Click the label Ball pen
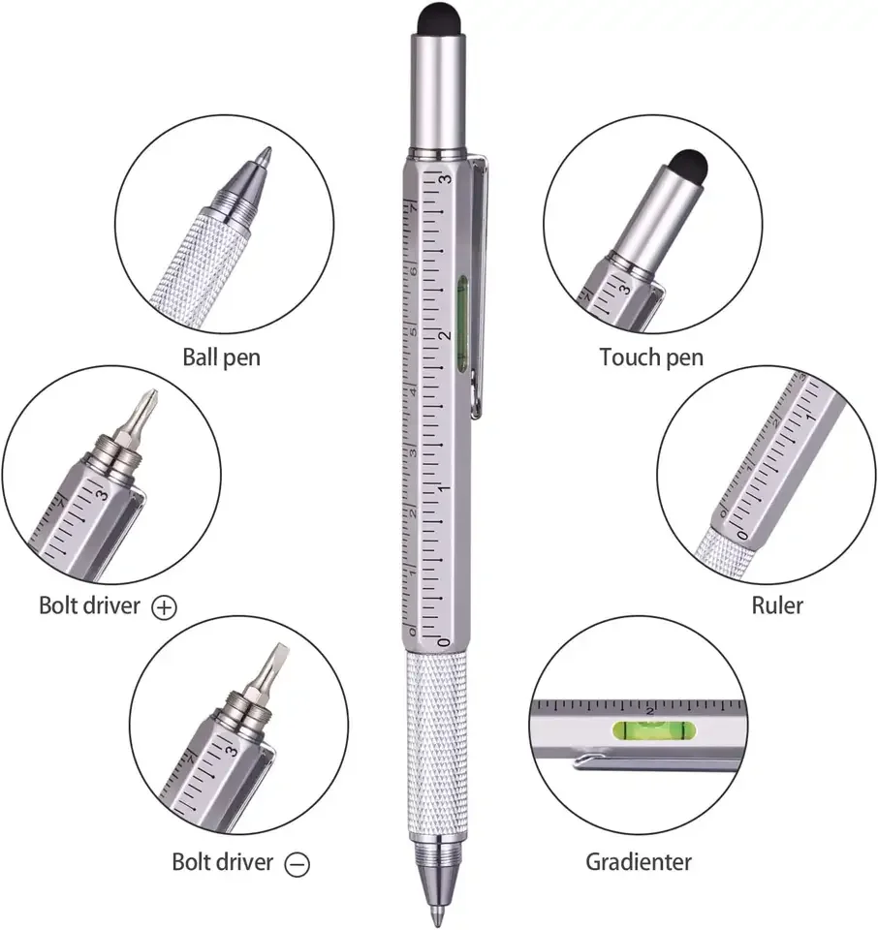click(x=221, y=357)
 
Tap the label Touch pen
click(x=651, y=357)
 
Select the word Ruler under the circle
click(x=777, y=606)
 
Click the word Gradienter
click(x=639, y=861)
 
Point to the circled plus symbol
click(x=166, y=607)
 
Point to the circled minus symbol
click(x=298, y=863)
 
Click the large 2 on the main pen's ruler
click(x=445, y=334)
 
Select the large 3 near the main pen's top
click(x=445, y=180)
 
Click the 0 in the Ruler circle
click(x=742, y=534)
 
